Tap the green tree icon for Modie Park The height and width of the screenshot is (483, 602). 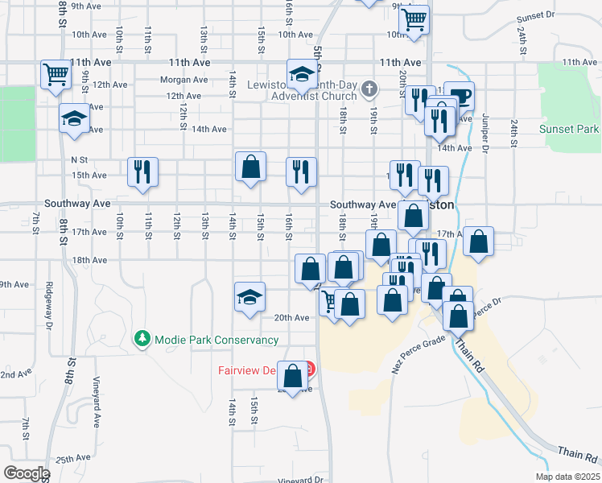click(142, 339)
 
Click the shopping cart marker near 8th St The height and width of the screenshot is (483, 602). click(56, 75)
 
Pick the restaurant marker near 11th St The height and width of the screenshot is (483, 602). click(143, 171)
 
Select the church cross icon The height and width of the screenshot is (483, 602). click(369, 88)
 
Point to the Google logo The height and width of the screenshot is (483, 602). click(27, 473)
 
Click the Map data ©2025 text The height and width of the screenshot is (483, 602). click(566, 476)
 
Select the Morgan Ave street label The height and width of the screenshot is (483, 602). click(183, 80)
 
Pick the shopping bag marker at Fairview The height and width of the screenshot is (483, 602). click(293, 374)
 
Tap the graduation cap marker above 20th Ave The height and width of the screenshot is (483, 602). click(249, 296)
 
